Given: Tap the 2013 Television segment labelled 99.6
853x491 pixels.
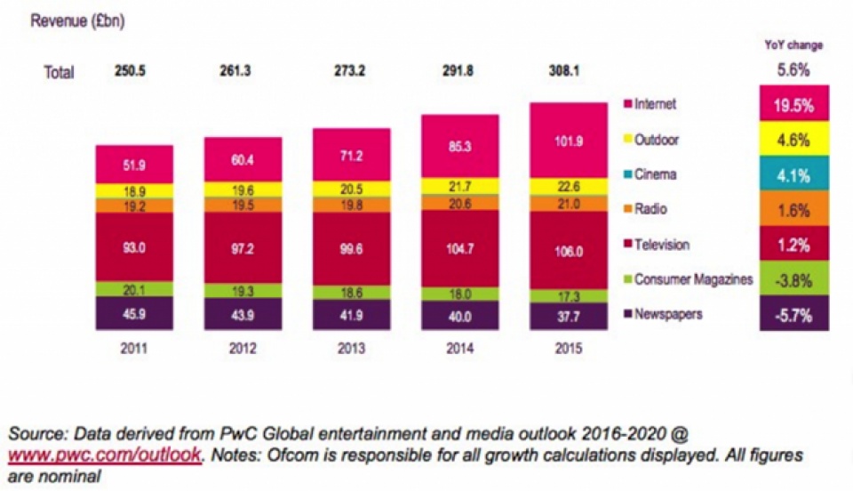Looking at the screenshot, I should (x=352, y=248).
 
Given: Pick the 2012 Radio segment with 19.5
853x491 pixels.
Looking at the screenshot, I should (x=243, y=203).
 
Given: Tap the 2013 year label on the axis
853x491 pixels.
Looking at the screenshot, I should (x=352, y=349).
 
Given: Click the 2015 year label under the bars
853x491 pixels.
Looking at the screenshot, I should (x=569, y=349).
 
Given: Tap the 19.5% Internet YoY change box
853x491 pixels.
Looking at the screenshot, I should (x=793, y=103).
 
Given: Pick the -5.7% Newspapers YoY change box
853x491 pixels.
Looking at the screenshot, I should (x=793, y=314).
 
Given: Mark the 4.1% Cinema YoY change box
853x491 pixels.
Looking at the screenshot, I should (x=793, y=174).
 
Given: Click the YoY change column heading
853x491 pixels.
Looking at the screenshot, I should (x=793, y=45).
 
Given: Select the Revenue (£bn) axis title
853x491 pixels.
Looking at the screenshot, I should (x=78, y=21).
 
